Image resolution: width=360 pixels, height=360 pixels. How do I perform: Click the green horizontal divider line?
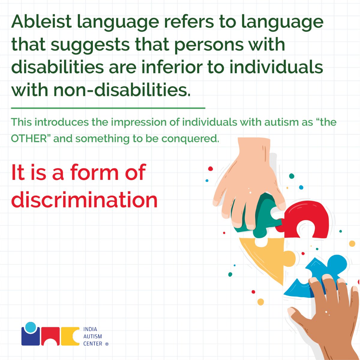[x=108, y=107]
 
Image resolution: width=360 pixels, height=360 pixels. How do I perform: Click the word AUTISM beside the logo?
[x=92, y=336]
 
